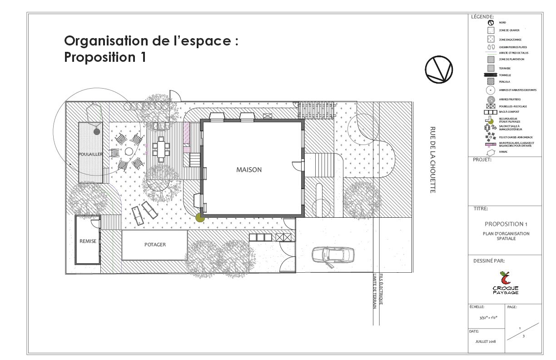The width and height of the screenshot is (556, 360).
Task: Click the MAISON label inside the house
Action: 248,170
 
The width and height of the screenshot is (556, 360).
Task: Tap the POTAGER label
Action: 155,245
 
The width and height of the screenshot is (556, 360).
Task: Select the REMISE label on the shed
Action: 88,241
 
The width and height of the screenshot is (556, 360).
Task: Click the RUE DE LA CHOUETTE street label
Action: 432,160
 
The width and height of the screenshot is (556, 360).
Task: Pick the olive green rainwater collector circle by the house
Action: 199,218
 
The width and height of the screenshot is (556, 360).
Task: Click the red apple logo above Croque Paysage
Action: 505,278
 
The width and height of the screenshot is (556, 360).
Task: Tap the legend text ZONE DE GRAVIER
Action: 509,30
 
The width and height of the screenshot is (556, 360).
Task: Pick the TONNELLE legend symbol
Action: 491,75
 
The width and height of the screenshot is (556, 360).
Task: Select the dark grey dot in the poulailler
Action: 97,132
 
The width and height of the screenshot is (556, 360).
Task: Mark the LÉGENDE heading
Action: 482,17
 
